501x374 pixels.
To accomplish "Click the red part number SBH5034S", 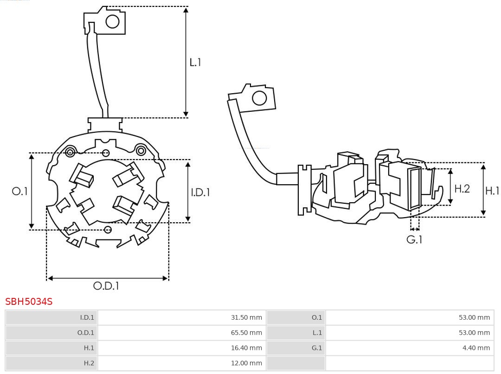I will point(29,302).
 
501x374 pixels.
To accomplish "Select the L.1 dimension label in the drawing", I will point(195,62).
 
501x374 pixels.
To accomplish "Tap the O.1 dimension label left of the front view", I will point(20,191).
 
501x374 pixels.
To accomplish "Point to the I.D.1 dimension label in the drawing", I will point(200,192).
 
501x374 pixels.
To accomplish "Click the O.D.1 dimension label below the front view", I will point(106,286).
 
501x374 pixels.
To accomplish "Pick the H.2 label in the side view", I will point(462,188).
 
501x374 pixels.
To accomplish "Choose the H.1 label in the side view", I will point(492,190).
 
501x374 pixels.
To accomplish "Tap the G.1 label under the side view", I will point(414,239).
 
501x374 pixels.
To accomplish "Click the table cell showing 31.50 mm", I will point(246,318).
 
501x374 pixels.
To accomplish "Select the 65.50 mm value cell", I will point(246,333).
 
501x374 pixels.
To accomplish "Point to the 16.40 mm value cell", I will point(246,348).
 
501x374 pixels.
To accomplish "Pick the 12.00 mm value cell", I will point(246,363).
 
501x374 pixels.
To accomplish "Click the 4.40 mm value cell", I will point(476,348).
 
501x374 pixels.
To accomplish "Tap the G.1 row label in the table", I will point(316,348).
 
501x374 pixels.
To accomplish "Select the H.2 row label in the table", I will point(89,363).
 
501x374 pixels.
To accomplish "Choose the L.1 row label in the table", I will point(316,333).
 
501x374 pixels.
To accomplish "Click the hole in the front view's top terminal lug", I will point(113,21).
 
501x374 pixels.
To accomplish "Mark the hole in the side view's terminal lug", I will point(259,98).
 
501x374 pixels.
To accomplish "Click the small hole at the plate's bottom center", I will point(108,230).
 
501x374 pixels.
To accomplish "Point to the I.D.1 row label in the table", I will point(87,318).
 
